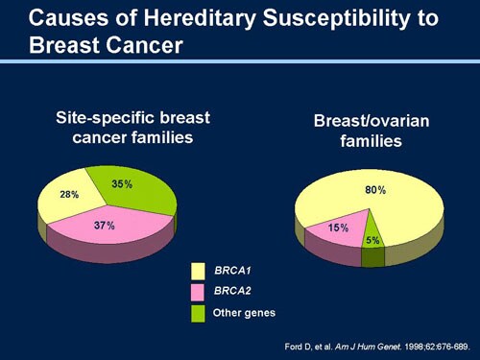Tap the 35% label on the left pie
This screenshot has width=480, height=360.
(x=122, y=183)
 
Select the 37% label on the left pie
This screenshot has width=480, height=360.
(x=105, y=226)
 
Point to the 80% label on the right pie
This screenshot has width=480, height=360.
(x=375, y=190)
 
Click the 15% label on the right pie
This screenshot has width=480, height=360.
(x=338, y=228)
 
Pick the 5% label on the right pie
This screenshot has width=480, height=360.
(x=372, y=240)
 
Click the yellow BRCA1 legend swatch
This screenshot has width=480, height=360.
(x=199, y=272)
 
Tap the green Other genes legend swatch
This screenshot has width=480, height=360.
(x=199, y=314)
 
